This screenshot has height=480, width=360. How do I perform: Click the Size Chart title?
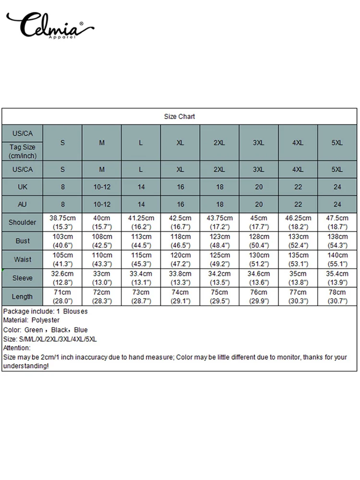point(180,117)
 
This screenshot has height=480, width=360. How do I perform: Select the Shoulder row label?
point(22,222)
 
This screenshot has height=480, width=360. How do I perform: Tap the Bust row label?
point(22,241)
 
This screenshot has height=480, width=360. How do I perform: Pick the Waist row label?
point(22,260)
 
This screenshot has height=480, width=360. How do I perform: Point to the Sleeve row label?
point(22,278)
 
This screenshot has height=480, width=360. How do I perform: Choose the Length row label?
point(22,297)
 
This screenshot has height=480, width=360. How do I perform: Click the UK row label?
point(22,187)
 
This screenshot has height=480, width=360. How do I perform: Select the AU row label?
point(22,204)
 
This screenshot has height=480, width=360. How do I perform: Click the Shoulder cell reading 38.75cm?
point(62,218)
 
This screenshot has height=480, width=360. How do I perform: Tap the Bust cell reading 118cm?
point(180,237)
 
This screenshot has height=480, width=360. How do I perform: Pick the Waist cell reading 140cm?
point(337,255)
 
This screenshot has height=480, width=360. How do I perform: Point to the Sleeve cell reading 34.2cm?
point(219,274)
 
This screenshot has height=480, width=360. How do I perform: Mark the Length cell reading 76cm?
point(258,293)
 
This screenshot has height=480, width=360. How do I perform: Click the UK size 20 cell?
point(258,187)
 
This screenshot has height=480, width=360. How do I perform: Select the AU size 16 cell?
point(180,204)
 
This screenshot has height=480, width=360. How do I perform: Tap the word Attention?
point(17,348)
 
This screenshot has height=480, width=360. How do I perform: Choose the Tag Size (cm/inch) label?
point(22,151)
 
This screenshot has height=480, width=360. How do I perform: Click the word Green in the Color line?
point(33,330)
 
